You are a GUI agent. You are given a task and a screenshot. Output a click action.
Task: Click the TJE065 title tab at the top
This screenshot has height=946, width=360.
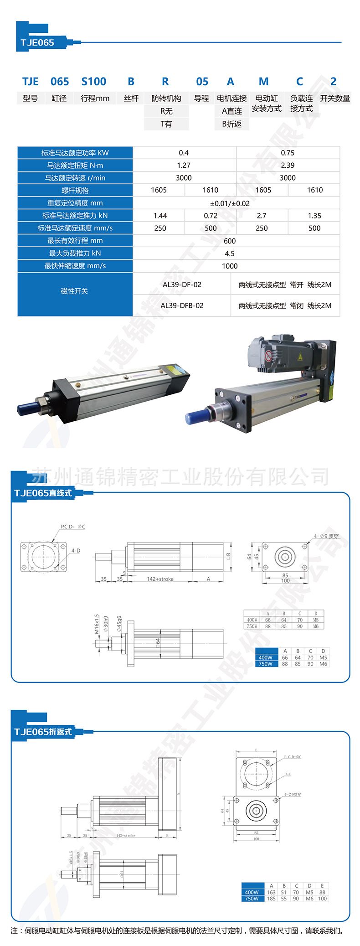point(37,42)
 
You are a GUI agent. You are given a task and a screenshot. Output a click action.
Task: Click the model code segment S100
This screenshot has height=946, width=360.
point(93,82)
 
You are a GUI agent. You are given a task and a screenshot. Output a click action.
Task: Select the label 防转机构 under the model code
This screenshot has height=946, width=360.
point(166,98)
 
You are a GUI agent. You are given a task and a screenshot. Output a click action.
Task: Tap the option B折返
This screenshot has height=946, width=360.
point(231,124)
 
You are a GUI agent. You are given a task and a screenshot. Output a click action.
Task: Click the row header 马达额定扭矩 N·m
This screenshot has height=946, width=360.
point(75,165)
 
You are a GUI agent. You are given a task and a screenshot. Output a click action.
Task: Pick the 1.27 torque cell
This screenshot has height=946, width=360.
point(184,165)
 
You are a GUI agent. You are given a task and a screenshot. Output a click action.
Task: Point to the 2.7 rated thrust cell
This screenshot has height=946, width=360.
point(262,216)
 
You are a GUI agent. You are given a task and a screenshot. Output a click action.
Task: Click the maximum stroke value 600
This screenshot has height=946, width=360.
point(230,241)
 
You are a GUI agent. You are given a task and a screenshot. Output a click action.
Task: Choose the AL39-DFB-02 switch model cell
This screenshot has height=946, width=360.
point(182,305)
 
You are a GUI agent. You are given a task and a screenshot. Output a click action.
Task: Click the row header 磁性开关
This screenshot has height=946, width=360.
point(75,291)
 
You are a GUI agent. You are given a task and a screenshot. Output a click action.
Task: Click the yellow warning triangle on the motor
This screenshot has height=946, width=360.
point(299,357)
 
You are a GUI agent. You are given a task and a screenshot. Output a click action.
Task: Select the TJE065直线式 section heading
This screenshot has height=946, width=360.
point(43,493)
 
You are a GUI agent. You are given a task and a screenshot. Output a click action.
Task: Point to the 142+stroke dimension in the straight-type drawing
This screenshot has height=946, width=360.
point(160,579)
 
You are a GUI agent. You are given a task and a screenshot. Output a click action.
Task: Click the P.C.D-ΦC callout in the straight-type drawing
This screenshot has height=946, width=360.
point(73,527)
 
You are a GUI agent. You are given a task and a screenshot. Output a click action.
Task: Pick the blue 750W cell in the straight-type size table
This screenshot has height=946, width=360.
point(265,664)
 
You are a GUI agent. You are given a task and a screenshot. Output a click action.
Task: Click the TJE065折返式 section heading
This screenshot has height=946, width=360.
point(43,732)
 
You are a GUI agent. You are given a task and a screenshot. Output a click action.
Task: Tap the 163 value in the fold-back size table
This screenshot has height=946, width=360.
point(271,892)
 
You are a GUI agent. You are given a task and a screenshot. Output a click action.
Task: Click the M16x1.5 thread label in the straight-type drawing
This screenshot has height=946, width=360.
point(97,624)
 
